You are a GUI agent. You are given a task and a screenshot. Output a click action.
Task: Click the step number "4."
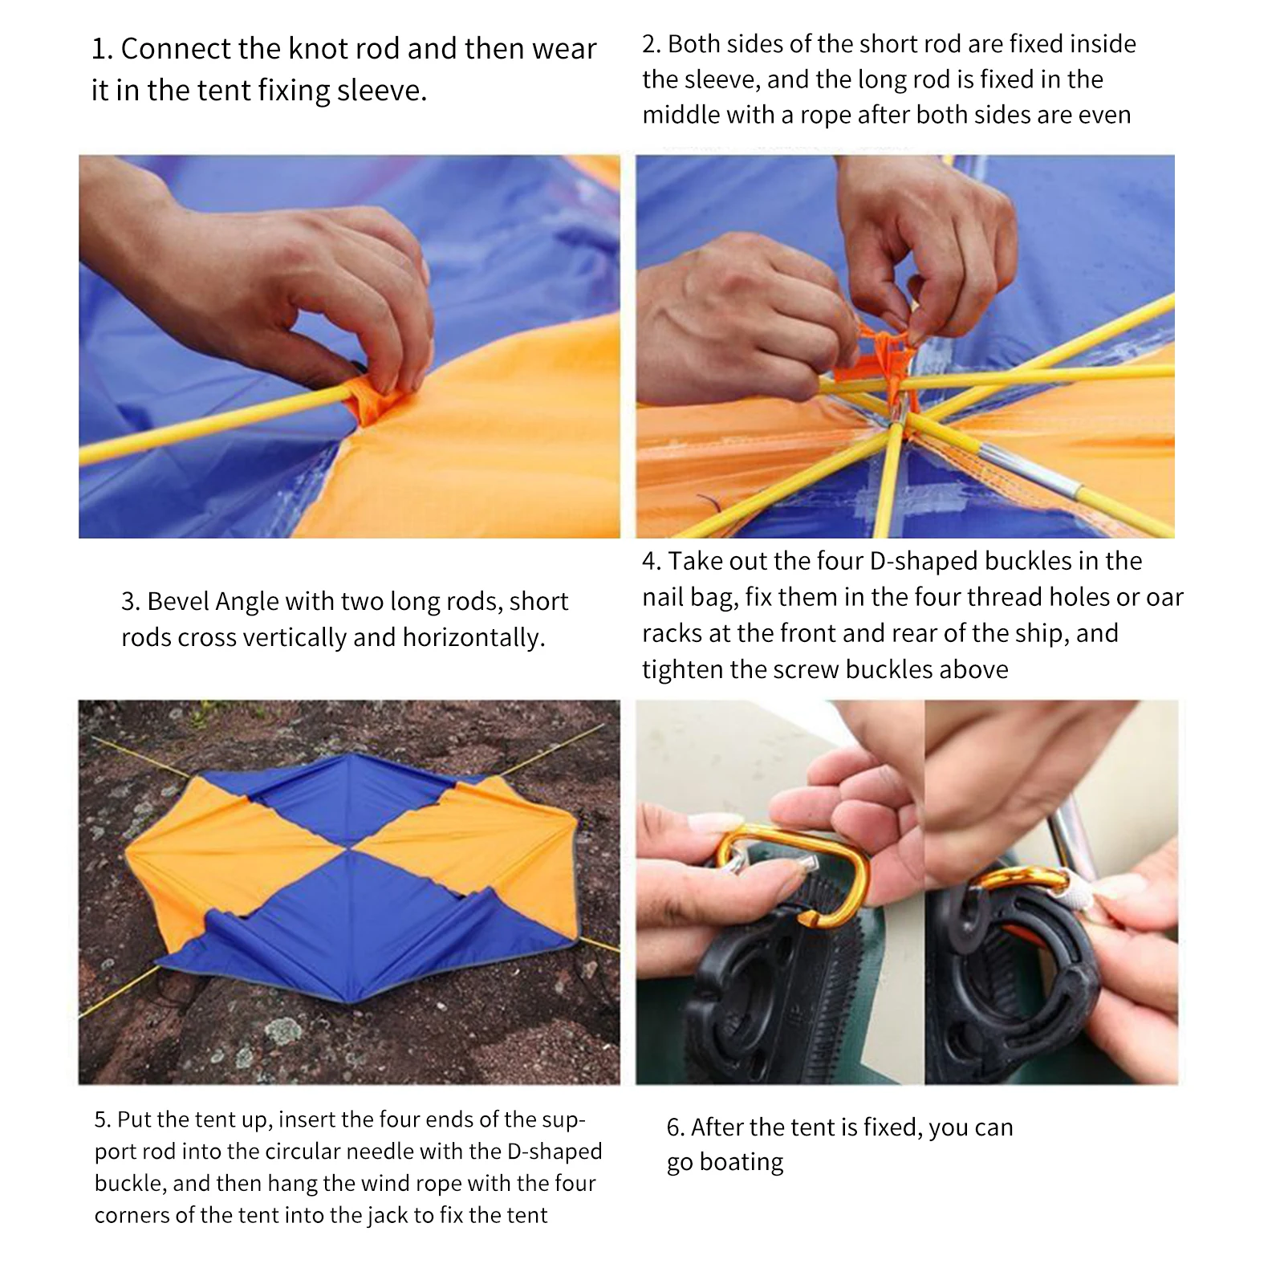click(x=652, y=562)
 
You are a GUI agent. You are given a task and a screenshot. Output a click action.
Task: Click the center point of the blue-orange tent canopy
click(x=350, y=847)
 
